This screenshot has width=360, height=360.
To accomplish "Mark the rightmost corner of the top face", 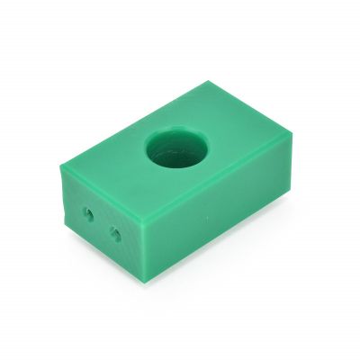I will click(293, 134).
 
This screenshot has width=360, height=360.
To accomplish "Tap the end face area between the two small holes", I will click(102, 226).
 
